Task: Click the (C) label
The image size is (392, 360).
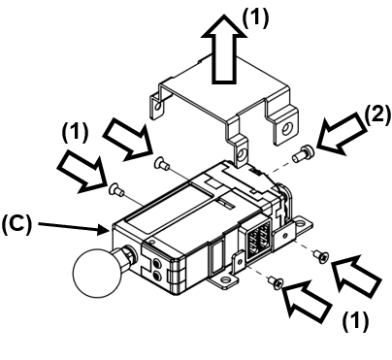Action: click(20, 223)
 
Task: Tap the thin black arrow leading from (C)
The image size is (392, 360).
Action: click(74, 229)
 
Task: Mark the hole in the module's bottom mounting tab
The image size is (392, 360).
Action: click(228, 283)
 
